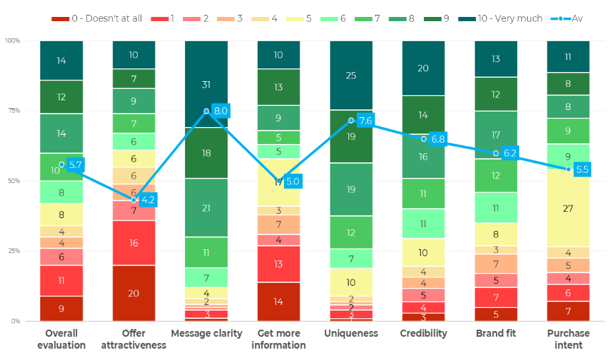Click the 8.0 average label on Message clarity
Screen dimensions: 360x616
pyautogui.click(x=220, y=111)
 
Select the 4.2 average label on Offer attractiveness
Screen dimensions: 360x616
pyautogui.click(x=148, y=200)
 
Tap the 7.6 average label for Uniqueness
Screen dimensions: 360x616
pyautogui.click(x=365, y=121)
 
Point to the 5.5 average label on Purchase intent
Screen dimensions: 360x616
pyautogui.click(x=582, y=169)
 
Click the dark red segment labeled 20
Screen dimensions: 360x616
pyautogui.click(x=134, y=293)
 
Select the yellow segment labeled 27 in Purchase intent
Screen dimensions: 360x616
pyautogui.click(x=568, y=208)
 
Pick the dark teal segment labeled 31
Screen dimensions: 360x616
pyautogui.click(x=206, y=85)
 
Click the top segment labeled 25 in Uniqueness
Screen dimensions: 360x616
pyautogui.click(x=351, y=76)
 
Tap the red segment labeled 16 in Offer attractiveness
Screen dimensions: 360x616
pyautogui.click(x=134, y=243)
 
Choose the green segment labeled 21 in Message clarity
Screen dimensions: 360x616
pyautogui.click(x=206, y=208)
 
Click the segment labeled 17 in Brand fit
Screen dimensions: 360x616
pyautogui.click(x=496, y=135)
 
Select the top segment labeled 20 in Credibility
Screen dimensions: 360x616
pyautogui.click(x=423, y=68)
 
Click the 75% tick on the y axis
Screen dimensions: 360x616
pyautogui.click(x=13, y=111)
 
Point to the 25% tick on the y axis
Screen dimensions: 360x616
pyautogui.click(x=13, y=251)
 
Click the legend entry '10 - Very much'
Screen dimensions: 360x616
pyautogui.click(x=499, y=18)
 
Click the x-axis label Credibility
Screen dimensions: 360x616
pyautogui.click(x=423, y=333)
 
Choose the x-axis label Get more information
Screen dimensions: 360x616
pyautogui.click(x=278, y=339)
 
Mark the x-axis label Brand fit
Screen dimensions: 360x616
pyautogui.click(x=496, y=333)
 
